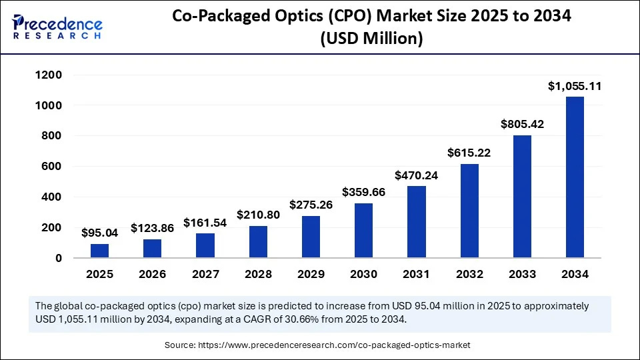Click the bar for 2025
(x=99, y=251)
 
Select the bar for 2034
(x=575, y=177)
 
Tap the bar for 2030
(x=363, y=231)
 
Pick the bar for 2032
(x=469, y=211)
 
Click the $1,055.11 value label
(x=575, y=86)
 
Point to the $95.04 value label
(x=99, y=233)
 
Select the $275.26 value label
(x=311, y=205)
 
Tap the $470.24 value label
(x=417, y=175)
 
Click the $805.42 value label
(x=522, y=124)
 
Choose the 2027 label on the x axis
(x=205, y=274)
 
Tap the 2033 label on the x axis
(x=522, y=274)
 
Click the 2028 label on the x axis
(x=258, y=274)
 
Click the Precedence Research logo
(x=57, y=27)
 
